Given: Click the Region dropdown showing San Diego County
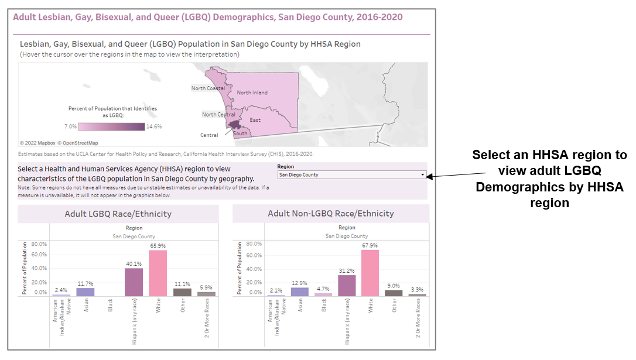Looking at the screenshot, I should point(352,174).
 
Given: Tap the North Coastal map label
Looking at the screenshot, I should point(208,88).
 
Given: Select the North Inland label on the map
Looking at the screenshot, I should point(252,92).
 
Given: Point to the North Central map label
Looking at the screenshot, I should point(218,115).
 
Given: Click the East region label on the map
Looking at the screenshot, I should point(255,120).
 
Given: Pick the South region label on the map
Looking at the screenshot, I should point(240,133).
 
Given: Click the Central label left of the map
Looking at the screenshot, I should point(209,135).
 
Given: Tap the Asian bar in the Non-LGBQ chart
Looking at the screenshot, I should point(300,292).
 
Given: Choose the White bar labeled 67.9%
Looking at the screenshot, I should point(370,273).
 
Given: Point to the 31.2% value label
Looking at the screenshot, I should point(347,270).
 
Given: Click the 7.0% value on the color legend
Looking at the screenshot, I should point(70,126).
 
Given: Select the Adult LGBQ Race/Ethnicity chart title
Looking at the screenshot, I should point(118,214).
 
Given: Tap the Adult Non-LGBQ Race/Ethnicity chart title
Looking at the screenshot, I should point(331,214).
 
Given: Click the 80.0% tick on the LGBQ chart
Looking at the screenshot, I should point(39,244).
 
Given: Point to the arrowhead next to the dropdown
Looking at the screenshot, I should point(435,175).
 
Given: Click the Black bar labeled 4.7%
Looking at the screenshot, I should point(323,294).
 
